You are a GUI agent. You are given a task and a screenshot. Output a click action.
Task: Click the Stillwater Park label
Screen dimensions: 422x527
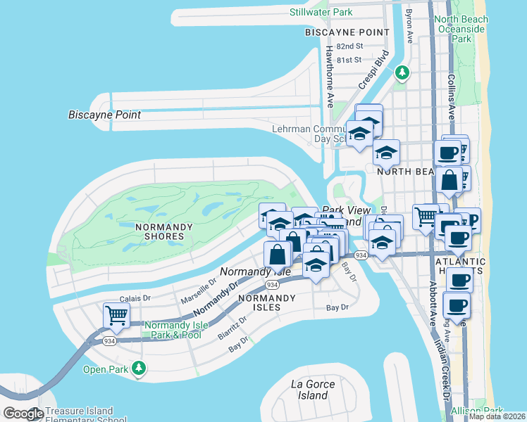321,12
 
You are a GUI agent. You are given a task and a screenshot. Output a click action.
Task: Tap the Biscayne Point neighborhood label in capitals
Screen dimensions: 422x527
347,32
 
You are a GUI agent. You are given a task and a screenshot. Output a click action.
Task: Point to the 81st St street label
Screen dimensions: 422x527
349,60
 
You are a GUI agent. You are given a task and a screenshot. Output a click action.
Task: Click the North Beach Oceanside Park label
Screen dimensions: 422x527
461,29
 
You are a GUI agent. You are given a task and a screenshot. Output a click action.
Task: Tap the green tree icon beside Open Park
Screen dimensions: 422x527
139,368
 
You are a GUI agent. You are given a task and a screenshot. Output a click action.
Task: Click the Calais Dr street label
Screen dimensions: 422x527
135,298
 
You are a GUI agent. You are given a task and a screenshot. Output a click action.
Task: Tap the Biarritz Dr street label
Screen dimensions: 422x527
232,328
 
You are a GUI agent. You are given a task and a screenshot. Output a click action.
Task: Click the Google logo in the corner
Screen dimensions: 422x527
23,414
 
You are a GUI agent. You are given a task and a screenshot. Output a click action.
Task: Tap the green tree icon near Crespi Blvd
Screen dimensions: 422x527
402,72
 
